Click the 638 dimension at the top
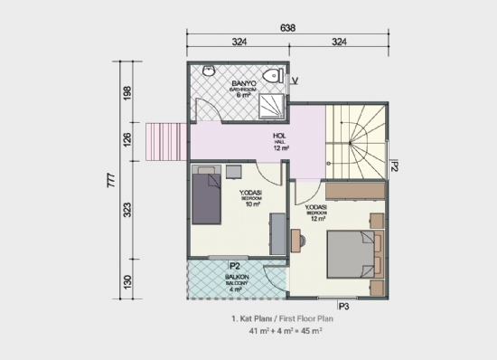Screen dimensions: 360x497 click(x=286, y=27)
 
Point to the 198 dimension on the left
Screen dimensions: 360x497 click(x=127, y=96)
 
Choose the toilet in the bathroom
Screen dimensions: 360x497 click(x=271, y=76)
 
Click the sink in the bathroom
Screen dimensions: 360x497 click(x=208, y=72)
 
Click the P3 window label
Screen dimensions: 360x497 click(x=343, y=306)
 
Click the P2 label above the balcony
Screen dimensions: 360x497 click(x=233, y=266)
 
